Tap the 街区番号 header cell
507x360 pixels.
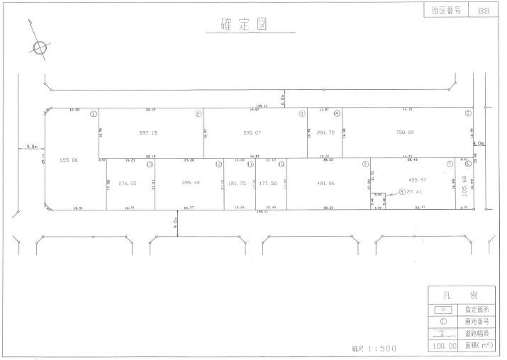click(x=445, y=11)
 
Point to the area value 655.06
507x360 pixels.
click(x=69, y=161)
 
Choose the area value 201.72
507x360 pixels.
click(x=325, y=132)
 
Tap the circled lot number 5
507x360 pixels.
click(x=467, y=113)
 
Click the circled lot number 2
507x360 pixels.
click(x=198, y=113)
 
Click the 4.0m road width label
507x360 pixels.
click(x=479, y=143)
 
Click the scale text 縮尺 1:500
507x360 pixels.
click(x=374, y=348)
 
